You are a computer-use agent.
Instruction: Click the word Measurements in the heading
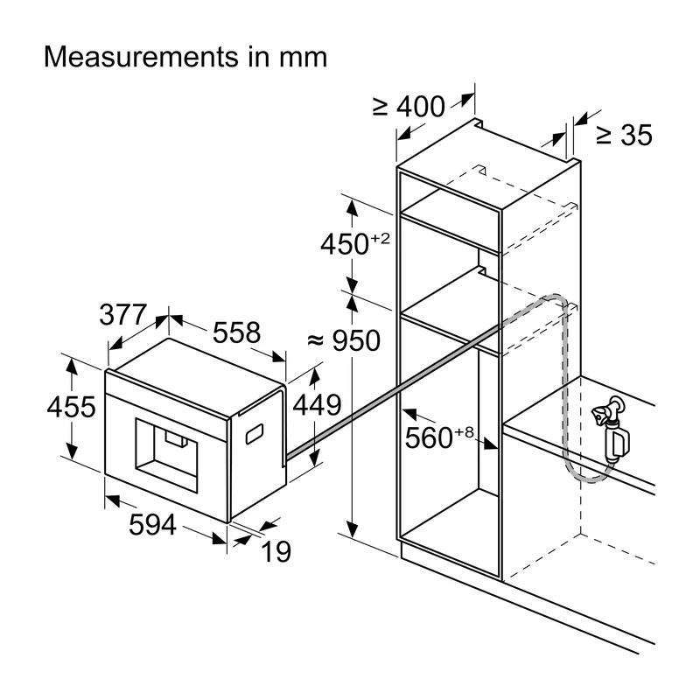coord(142,57)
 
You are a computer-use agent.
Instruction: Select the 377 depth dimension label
coord(122,315)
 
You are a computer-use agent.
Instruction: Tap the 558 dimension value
coord(236,332)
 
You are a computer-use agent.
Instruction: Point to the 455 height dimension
coord(72,407)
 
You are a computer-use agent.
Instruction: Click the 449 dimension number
coord(317,405)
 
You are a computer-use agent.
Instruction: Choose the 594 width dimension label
coord(152,524)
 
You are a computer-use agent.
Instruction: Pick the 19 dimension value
coord(276,552)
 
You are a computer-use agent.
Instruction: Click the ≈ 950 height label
coord(344,340)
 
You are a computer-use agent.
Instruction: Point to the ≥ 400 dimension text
coord(409,107)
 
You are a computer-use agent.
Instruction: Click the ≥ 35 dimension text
coord(624,135)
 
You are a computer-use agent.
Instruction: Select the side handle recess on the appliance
coord(254,434)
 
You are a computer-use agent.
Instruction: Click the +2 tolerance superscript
coord(380,238)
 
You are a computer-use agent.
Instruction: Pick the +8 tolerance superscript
coord(464,432)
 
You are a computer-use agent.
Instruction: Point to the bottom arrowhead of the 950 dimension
coord(353,529)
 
